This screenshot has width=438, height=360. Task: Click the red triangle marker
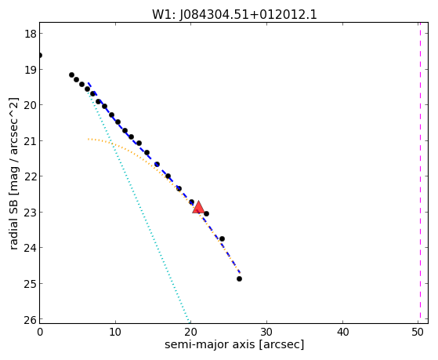198,207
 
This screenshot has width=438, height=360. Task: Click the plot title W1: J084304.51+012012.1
234,14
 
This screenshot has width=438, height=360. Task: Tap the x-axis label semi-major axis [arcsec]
234,344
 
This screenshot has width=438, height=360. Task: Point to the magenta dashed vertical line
420,173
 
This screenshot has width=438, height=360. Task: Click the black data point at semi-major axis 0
40,55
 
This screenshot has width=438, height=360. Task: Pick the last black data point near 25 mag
239,278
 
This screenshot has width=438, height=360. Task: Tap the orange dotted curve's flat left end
89,139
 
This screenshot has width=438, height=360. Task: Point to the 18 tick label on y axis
31,34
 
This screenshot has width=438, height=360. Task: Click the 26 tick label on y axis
31,319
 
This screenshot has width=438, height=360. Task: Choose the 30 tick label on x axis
266,332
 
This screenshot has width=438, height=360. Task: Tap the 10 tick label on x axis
115,332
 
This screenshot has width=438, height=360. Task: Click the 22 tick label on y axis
31,176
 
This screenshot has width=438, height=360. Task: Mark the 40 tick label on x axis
342,332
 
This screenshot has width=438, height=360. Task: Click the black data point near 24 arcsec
222,238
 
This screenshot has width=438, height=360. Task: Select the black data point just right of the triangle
206,213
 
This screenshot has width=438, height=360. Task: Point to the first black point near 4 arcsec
71,75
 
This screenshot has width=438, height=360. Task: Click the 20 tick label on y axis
31,105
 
